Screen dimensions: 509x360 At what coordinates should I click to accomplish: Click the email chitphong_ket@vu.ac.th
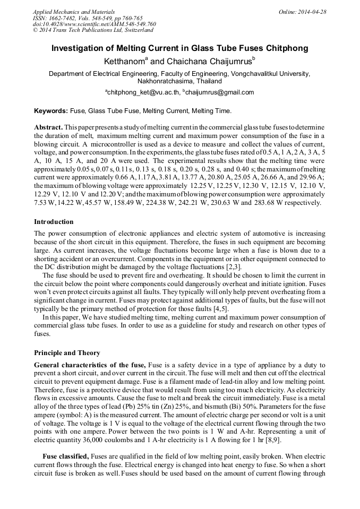(x=142, y=92)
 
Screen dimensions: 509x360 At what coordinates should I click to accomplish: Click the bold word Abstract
(x=48, y=128)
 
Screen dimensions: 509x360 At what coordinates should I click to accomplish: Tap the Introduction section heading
(x=54, y=222)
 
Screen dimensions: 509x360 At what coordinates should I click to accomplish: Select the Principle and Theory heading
(x=67, y=353)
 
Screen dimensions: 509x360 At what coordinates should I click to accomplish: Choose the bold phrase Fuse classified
(x=65, y=456)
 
